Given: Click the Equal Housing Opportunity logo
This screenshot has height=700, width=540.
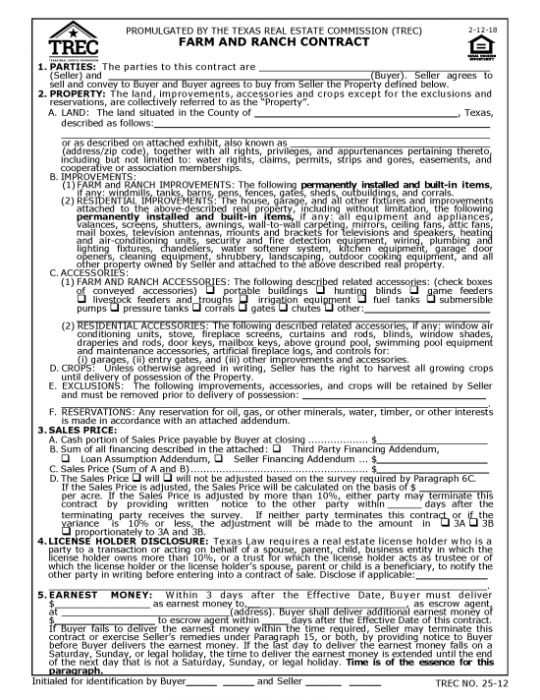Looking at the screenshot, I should coord(507,45).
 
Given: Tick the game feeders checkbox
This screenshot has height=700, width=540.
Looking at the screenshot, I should coord(420,290).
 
